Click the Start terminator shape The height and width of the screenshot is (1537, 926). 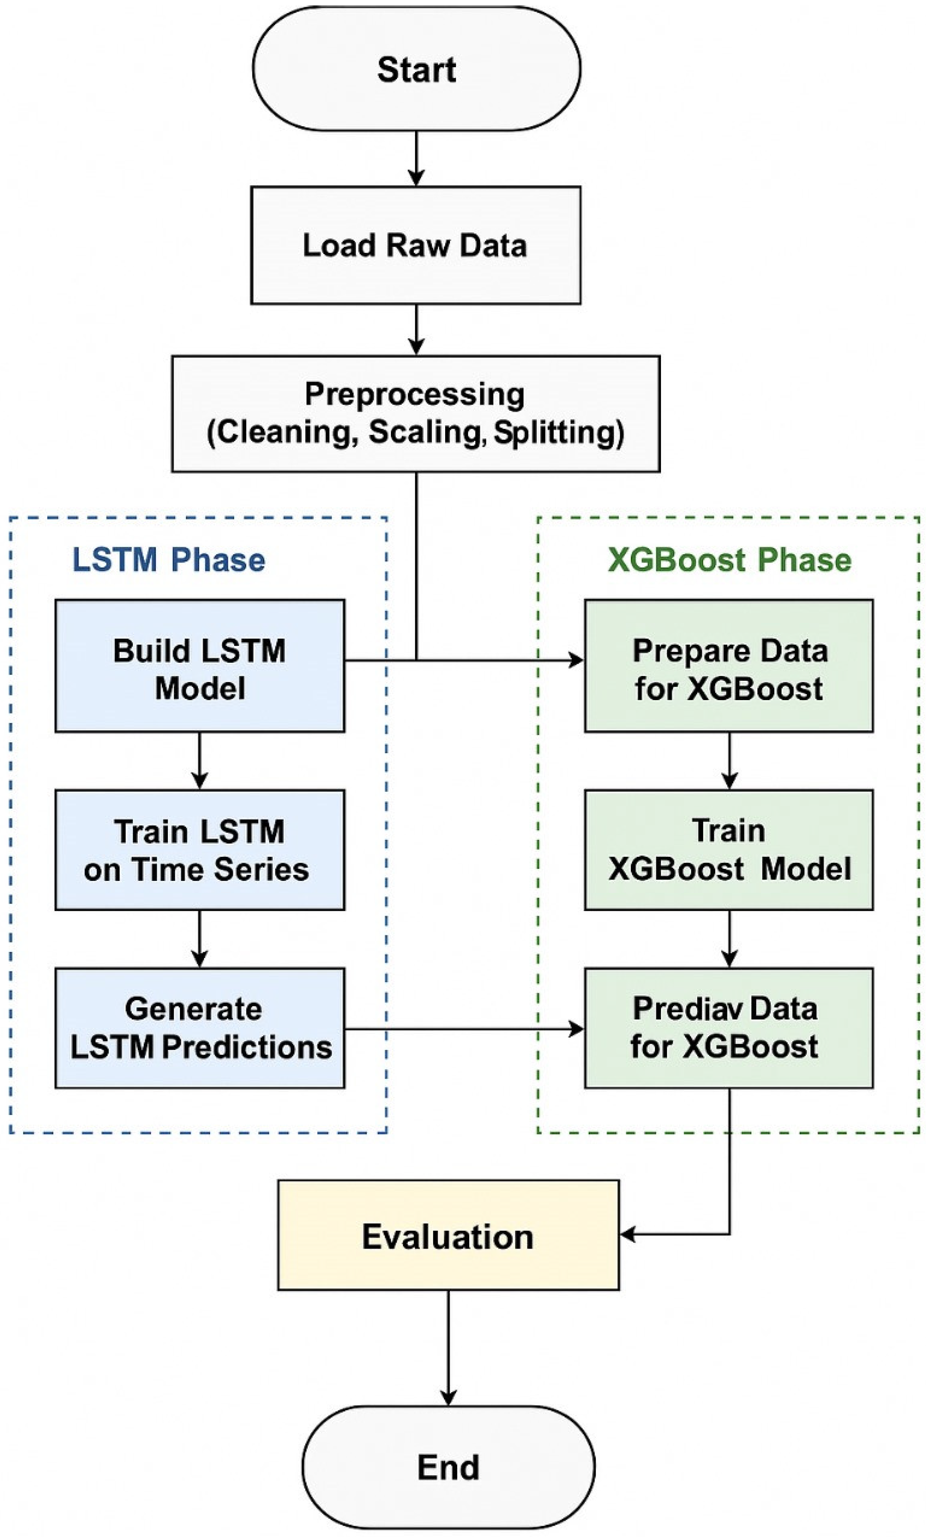click(x=416, y=69)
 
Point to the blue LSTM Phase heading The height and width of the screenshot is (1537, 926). click(x=169, y=559)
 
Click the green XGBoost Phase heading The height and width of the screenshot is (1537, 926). click(x=729, y=559)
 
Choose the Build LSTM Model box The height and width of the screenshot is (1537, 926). click(x=200, y=666)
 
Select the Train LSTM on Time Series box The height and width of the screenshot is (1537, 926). click(x=200, y=850)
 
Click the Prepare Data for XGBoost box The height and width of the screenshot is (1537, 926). click(x=729, y=666)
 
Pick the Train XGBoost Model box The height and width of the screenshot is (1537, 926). click(x=729, y=850)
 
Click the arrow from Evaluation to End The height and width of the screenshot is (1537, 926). click(x=448, y=1347)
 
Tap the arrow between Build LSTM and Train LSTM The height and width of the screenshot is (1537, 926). click(x=200, y=761)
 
